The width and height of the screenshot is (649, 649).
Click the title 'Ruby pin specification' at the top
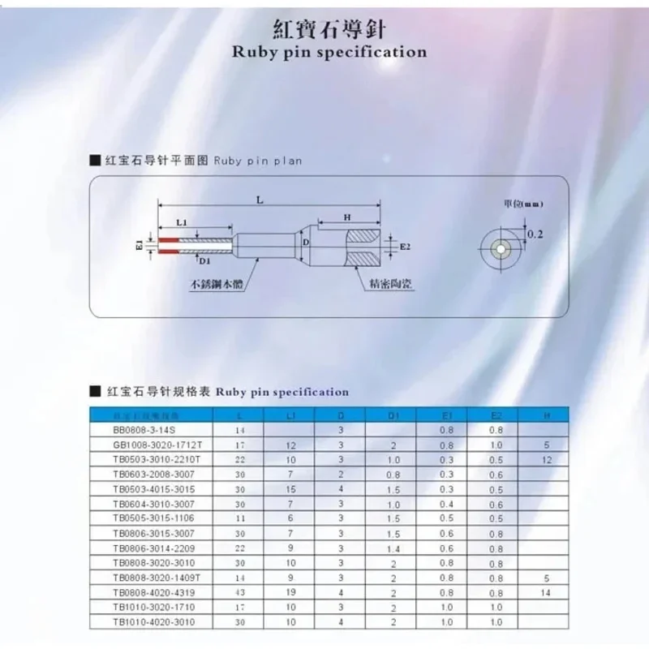329,52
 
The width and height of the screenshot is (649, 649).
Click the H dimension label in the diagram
346,217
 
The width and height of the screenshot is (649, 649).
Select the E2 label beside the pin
406,244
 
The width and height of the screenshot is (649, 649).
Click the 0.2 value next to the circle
535,234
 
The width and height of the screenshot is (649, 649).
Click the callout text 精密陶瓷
385,284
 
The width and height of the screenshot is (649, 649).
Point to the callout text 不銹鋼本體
217,285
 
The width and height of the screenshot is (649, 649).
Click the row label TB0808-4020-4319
152,593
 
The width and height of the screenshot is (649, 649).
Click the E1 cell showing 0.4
447,505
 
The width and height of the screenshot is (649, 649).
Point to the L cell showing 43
239,593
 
